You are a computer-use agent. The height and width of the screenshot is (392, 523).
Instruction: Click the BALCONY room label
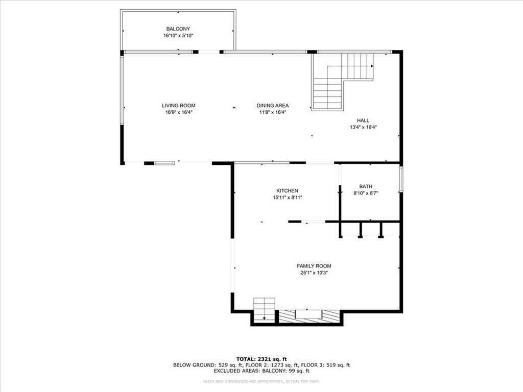178,29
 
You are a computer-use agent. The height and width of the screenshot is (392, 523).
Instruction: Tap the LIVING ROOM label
179,106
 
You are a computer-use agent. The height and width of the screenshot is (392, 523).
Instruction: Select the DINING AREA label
273,106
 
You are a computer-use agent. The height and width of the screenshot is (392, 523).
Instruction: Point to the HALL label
363,120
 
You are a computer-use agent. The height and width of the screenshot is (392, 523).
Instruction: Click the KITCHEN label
287,191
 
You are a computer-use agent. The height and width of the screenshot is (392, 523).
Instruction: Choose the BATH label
366,186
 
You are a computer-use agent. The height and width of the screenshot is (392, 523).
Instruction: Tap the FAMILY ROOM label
314,266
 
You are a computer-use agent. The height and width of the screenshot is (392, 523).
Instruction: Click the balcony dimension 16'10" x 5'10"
178,36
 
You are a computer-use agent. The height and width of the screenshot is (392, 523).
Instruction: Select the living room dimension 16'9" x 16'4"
179,112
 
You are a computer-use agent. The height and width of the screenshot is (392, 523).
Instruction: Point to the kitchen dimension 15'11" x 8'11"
288,198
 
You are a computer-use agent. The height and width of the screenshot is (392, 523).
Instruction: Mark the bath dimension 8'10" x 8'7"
366,193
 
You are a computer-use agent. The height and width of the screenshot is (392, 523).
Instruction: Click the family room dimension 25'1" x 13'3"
314,273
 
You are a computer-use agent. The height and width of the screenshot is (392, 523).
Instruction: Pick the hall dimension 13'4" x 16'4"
363,127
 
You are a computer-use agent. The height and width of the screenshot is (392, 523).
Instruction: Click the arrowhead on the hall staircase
372,66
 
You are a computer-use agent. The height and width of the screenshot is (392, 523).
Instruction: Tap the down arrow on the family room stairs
265,318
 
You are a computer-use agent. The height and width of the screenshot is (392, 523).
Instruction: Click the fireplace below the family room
309,316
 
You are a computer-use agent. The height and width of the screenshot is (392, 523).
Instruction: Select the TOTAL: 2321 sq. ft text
261,359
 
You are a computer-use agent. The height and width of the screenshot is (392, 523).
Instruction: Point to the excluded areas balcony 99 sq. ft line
261,371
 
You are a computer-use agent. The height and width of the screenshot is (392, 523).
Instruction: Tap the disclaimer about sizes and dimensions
261,381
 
